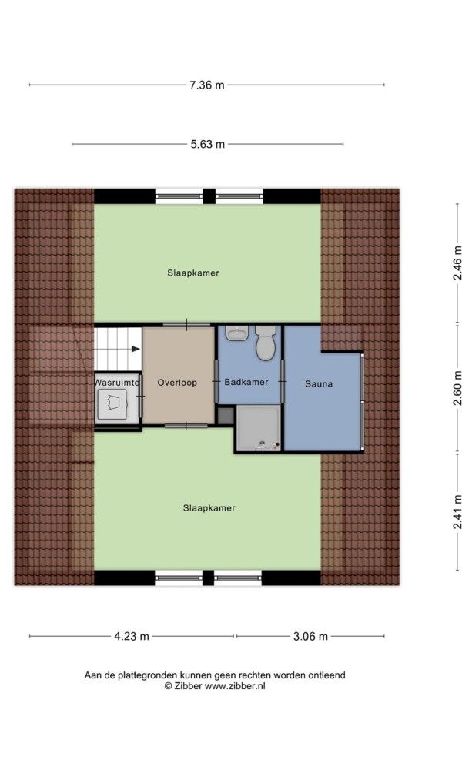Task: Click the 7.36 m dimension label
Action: [208, 85]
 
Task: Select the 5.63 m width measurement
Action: [208, 144]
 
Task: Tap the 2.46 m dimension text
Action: [458, 261]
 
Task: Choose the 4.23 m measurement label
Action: [132, 636]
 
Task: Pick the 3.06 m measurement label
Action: [310, 636]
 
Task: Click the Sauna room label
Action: [319, 383]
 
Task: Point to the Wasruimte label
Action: [117, 382]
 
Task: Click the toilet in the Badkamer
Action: [266, 344]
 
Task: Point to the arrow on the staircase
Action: [135, 349]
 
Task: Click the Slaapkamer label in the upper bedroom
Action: [188, 273]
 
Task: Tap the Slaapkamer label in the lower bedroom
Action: [209, 508]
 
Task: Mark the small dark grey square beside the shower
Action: [225, 416]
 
